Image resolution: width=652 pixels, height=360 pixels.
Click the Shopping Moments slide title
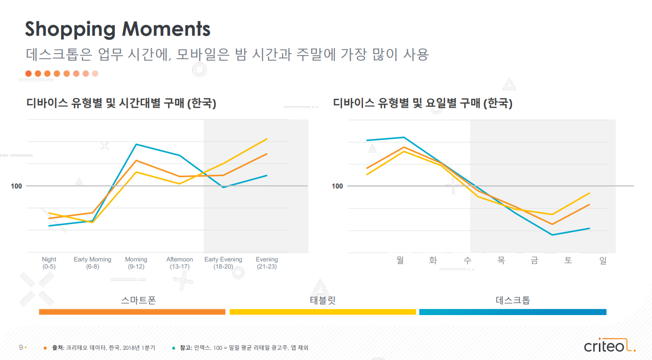point(117,29)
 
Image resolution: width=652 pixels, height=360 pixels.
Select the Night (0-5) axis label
point(49,263)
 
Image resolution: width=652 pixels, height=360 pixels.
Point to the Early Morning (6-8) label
point(92,263)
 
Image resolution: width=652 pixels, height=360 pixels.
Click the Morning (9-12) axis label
point(136,263)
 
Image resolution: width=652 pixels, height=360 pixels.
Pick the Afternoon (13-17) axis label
point(180,263)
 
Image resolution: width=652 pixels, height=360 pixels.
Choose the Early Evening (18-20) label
point(223,263)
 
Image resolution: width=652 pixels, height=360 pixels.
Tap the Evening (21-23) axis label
point(267,263)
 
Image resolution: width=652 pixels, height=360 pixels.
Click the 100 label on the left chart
point(16,186)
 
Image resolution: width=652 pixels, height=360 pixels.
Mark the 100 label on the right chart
point(337,186)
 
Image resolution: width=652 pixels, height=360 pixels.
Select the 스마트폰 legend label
point(138,300)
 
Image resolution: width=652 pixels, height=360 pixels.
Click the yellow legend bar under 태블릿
point(323,311)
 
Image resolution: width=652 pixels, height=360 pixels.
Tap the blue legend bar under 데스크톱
point(513,311)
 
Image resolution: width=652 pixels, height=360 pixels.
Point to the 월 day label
point(400,260)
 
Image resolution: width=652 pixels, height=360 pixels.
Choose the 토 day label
point(568,260)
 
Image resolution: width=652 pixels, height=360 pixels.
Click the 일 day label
point(603,260)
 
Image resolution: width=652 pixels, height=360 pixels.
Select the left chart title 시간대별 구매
point(122,103)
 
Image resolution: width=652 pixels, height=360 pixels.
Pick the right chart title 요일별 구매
point(422,103)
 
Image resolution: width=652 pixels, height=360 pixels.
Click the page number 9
point(21,348)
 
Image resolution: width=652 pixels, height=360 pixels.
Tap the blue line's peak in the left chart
point(136,144)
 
